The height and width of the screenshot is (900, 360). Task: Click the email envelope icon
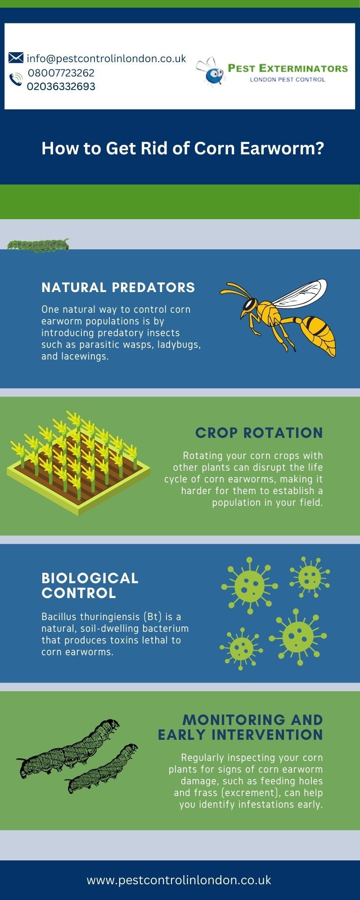tap(16, 58)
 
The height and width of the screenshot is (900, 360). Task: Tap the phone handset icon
tap(16, 80)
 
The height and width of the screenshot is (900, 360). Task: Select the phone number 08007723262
tap(61, 73)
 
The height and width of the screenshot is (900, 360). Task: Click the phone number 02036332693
tap(61, 86)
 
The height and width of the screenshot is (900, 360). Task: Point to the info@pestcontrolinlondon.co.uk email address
tap(106, 58)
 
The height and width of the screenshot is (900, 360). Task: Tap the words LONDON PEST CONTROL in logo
tap(287, 80)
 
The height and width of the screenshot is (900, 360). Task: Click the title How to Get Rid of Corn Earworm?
tap(183, 148)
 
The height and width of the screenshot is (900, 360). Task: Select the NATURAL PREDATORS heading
tap(118, 287)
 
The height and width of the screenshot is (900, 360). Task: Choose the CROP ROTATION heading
tap(259, 432)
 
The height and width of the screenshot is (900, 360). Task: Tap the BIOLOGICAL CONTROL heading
tap(90, 585)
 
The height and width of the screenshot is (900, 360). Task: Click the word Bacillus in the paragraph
tap(59, 616)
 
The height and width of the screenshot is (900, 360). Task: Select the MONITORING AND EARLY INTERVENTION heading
tap(240, 727)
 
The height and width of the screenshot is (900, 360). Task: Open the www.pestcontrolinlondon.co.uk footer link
tap(179, 880)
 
